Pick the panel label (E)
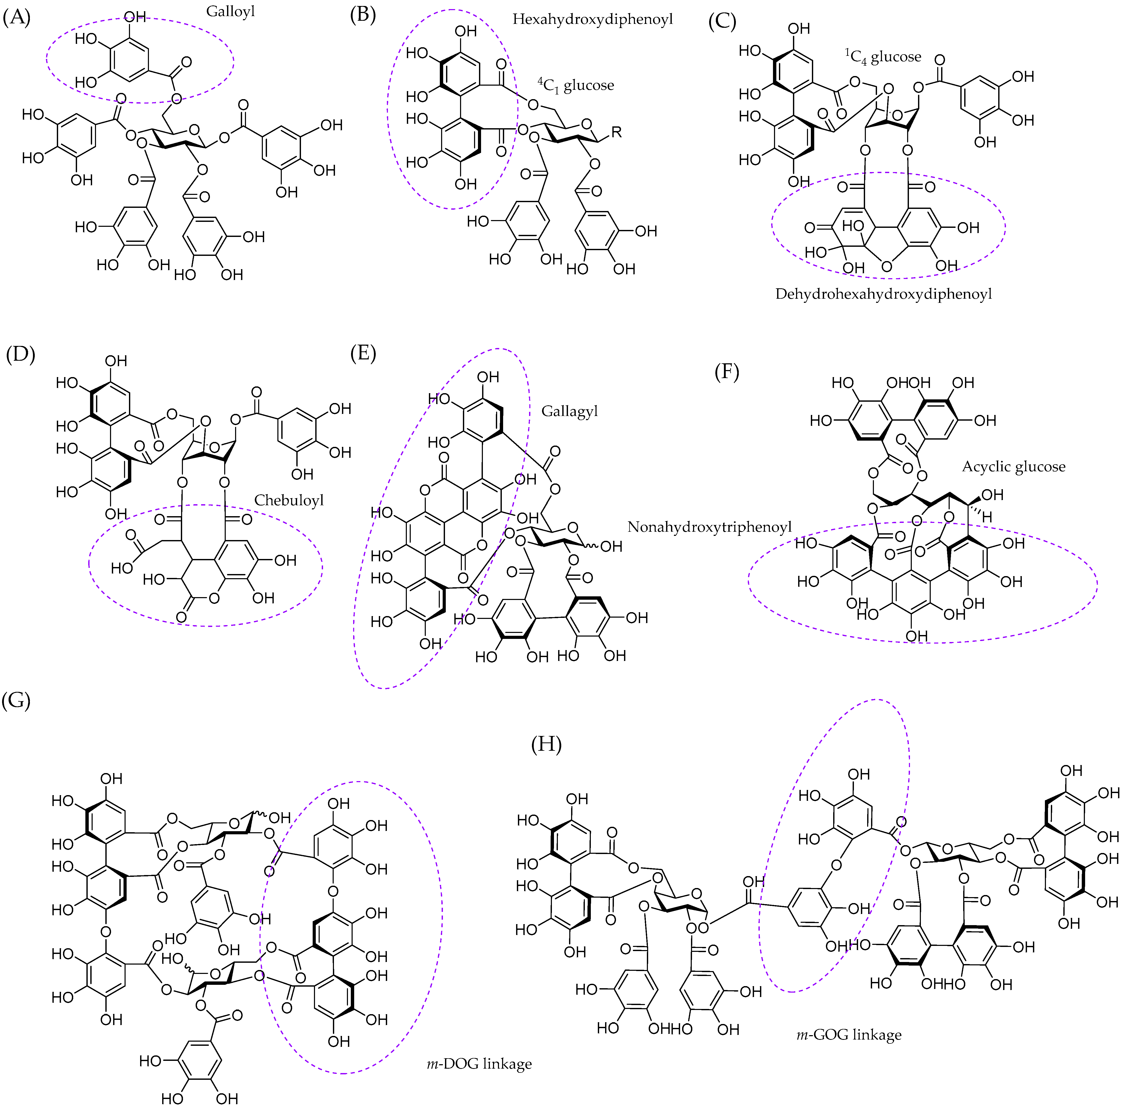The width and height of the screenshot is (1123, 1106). (363, 353)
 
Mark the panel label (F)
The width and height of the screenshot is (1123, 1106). (726, 372)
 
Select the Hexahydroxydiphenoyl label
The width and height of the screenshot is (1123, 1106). (592, 19)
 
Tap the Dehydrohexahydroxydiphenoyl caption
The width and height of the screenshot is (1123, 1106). (883, 294)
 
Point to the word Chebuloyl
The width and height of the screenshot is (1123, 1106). (289, 500)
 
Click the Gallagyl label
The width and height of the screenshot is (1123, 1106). (569, 411)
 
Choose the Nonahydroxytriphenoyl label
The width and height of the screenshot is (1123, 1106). (709, 527)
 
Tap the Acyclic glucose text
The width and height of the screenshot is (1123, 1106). (1013, 466)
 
